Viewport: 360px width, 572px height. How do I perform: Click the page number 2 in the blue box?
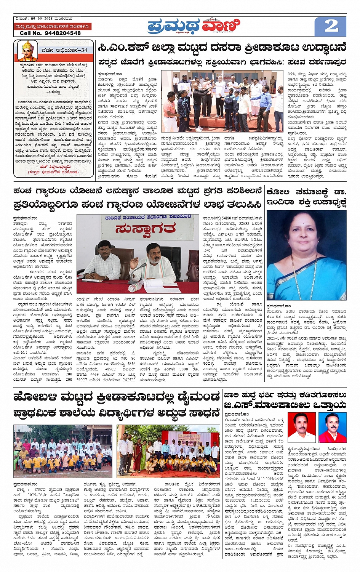[x=331, y=26]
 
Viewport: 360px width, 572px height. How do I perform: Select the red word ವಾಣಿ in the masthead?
[x=221, y=26]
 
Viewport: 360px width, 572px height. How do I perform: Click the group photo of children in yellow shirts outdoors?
[x=63, y=451]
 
